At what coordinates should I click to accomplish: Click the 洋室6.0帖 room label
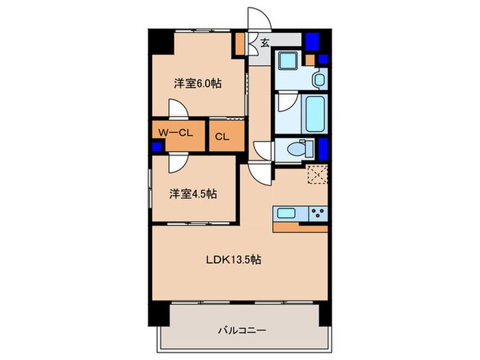point(197,84)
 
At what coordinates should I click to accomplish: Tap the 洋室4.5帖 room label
point(193,194)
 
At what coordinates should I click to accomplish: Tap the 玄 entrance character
point(264,43)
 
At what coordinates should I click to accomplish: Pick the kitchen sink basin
point(287,212)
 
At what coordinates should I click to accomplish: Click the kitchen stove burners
point(317,212)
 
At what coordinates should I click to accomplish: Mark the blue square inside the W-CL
point(156,145)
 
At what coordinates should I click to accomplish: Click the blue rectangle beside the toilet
point(323,147)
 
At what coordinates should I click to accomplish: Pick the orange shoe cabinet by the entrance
point(240,44)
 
